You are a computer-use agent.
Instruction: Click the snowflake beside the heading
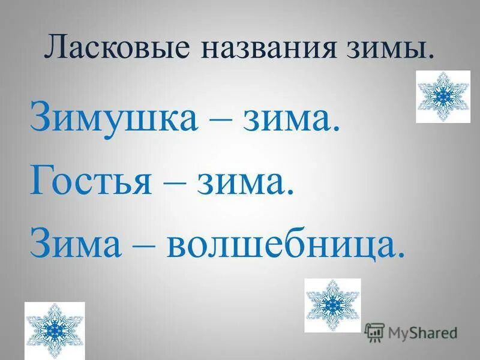coord(443,97)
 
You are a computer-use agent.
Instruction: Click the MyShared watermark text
coord(422,331)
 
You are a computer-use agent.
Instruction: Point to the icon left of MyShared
coord(374,331)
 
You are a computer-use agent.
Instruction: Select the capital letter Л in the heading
coord(55,49)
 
